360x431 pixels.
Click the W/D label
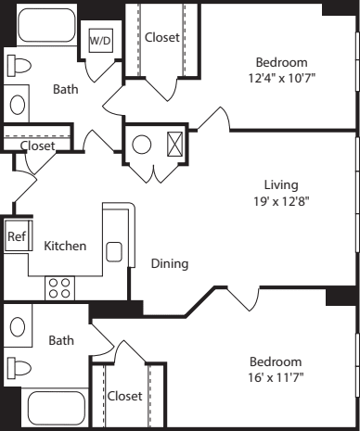click(x=99, y=42)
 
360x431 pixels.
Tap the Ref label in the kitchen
click(x=16, y=236)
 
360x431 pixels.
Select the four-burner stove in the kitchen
click(x=59, y=287)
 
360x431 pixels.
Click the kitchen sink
click(x=114, y=251)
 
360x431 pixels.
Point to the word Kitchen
click(x=66, y=246)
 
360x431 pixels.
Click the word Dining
click(x=170, y=263)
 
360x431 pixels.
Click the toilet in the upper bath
click(x=18, y=66)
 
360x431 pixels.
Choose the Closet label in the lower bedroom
click(x=125, y=396)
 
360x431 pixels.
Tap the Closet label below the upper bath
click(x=37, y=146)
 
